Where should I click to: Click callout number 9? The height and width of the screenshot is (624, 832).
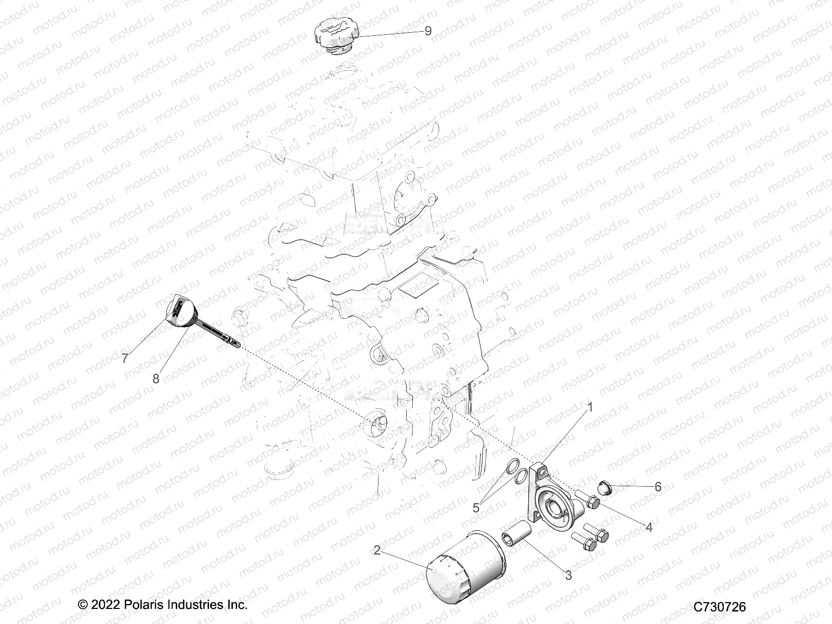coord(428,31)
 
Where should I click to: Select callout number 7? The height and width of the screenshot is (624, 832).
coord(124,358)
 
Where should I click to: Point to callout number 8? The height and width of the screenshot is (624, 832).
coord(156,379)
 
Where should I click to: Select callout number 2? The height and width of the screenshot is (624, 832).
coord(377,550)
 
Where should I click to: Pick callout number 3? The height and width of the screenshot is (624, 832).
coord(568,575)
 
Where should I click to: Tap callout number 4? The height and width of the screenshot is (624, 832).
coord(649,527)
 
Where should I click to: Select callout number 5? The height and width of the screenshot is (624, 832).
coord(476,508)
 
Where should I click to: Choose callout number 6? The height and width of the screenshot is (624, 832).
coord(658,487)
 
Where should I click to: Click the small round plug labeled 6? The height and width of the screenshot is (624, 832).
coord(604,488)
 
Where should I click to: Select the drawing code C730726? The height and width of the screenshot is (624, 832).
coord(720,607)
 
